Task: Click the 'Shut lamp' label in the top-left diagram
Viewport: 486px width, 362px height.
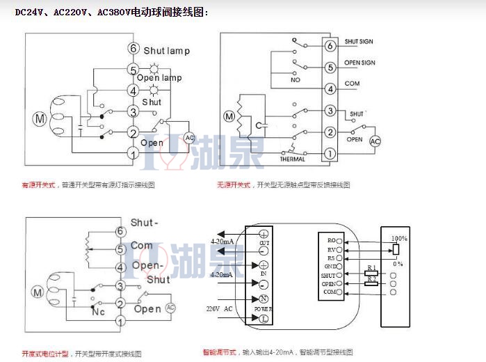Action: (166, 51)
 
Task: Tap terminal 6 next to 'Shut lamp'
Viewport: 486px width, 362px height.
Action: (133, 49)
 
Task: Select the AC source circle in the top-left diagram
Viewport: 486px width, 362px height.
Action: (189, 138)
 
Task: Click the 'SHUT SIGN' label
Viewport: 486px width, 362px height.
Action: (359, 42)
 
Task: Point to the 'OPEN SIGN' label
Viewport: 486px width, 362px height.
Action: (359, 63)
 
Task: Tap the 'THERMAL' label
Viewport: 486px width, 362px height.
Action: (293, 159)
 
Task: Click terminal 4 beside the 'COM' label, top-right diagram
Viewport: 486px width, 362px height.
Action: (330, 88)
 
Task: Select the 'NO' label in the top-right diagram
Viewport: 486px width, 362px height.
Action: (296, 80)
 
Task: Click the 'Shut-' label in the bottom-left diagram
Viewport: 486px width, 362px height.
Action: (144, 222)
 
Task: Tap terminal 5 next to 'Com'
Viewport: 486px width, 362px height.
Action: (120, 248)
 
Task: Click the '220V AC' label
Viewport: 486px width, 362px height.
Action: (219, 308)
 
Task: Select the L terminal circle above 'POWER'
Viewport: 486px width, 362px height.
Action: (264, 318)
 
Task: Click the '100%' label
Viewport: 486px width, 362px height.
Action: (398, 238)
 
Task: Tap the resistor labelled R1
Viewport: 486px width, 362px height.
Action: (370, 274)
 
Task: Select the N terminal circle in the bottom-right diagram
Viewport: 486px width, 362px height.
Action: (264, 299)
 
